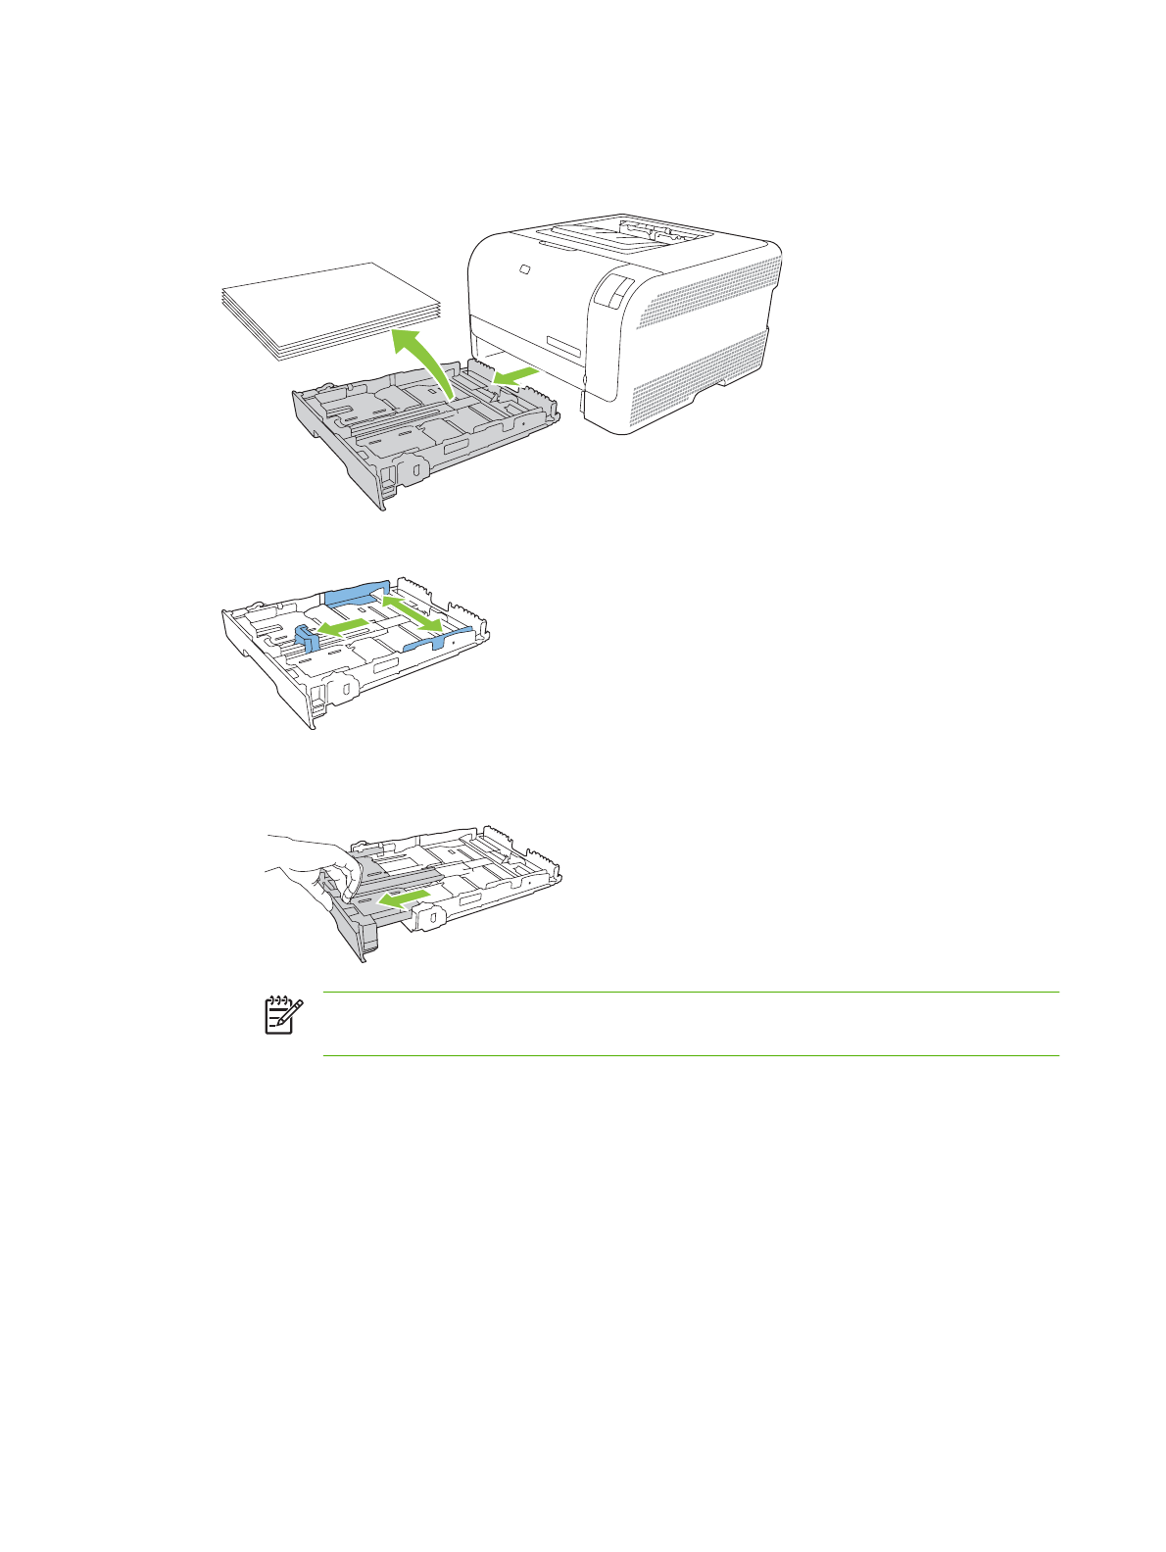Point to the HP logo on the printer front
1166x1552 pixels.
[523, 268]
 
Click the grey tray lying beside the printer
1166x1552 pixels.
[421, 431]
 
